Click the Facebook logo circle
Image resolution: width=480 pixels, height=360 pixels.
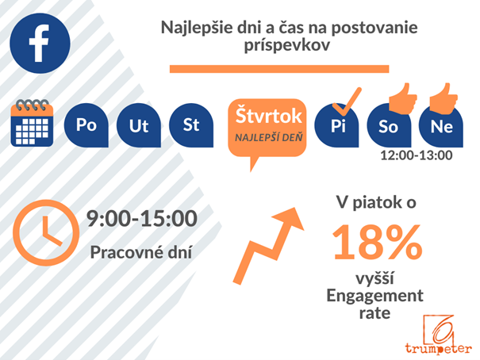[x=40, y=43]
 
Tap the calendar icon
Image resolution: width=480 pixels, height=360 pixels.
[x=32, y=123]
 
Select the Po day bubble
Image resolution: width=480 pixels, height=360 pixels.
[x=86, y=125]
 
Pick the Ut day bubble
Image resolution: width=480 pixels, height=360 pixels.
[x=139, y=125]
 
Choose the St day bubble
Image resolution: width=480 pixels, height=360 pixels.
[x=191, y=125]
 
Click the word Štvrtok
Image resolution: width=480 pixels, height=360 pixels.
[x=268, y=116]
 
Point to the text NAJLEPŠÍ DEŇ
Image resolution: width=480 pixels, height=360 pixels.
[x=268, y=138]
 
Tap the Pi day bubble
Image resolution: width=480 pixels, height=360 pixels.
[x=336, y=126]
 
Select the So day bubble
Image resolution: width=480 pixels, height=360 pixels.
[x=389, y=126]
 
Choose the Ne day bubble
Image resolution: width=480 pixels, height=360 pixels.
[x=441, y=126]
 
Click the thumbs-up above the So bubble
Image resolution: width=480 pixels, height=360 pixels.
[x=403, y=98]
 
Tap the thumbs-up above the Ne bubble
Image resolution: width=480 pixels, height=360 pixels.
[x=444, y=98]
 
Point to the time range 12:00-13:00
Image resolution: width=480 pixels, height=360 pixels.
[x=416, y=155]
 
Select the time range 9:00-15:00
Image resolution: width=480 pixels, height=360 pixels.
[x=142, y=218]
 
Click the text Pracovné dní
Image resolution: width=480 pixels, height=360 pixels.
[x=141, y=252]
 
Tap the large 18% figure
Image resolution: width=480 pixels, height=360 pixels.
[x=378, y=242]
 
